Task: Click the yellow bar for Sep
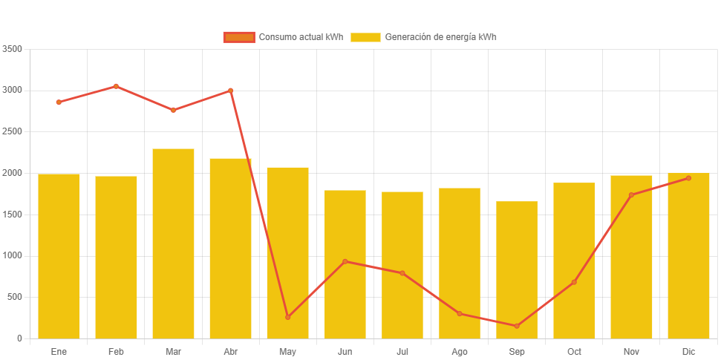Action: pyautogui.click(x=517, y=270)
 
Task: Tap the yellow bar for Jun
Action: pyautogui.click(x=345, y=264)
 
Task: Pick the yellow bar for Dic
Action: pyautogui.click(x=688, y=255)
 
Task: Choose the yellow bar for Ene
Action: pyautogui.click(x=59, y=256)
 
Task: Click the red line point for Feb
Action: pyautogui.click(x=116, y=86)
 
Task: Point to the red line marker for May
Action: pyautogui.click(x=288, y=317)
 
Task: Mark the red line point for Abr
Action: pyautogui.click(x=231, y=91)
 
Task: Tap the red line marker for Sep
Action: pyautogui.click(x=517, y=326)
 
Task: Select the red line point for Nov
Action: pyautogui.click(x=631, y=195)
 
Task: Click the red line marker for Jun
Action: pyautogui.click(x=345, y=261)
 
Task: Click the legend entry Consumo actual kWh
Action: pyautogui.click(x=283, y=37)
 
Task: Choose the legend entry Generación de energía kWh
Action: pyautogui.click(x=423, y=37)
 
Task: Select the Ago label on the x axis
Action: pyautogui.click(x=460, y=351)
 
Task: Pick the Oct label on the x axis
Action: pyautogui.click(x=574, y=351)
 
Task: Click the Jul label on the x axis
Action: pyautogui.click(x=402, y=351)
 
